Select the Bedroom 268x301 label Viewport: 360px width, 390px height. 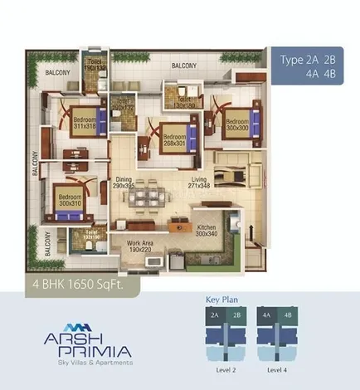point(174,139)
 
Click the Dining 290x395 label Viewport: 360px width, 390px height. point(124,183)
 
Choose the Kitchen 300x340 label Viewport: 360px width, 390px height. point(207,231)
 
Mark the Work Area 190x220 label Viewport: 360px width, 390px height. point(139,246)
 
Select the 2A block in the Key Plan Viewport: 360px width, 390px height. point(214,315)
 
